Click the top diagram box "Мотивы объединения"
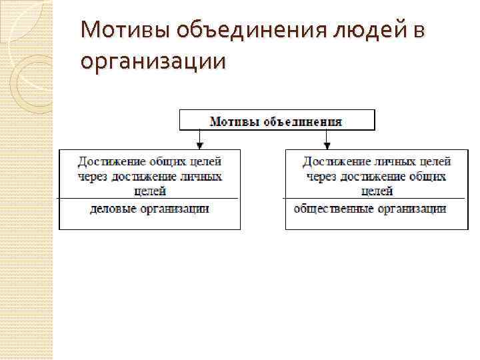pos(277,121)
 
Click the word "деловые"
pos(111,209)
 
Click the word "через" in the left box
pos(92,177)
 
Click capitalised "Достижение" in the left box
pos(108,161)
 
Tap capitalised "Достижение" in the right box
pos(333,161)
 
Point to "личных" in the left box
pos(201,177)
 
